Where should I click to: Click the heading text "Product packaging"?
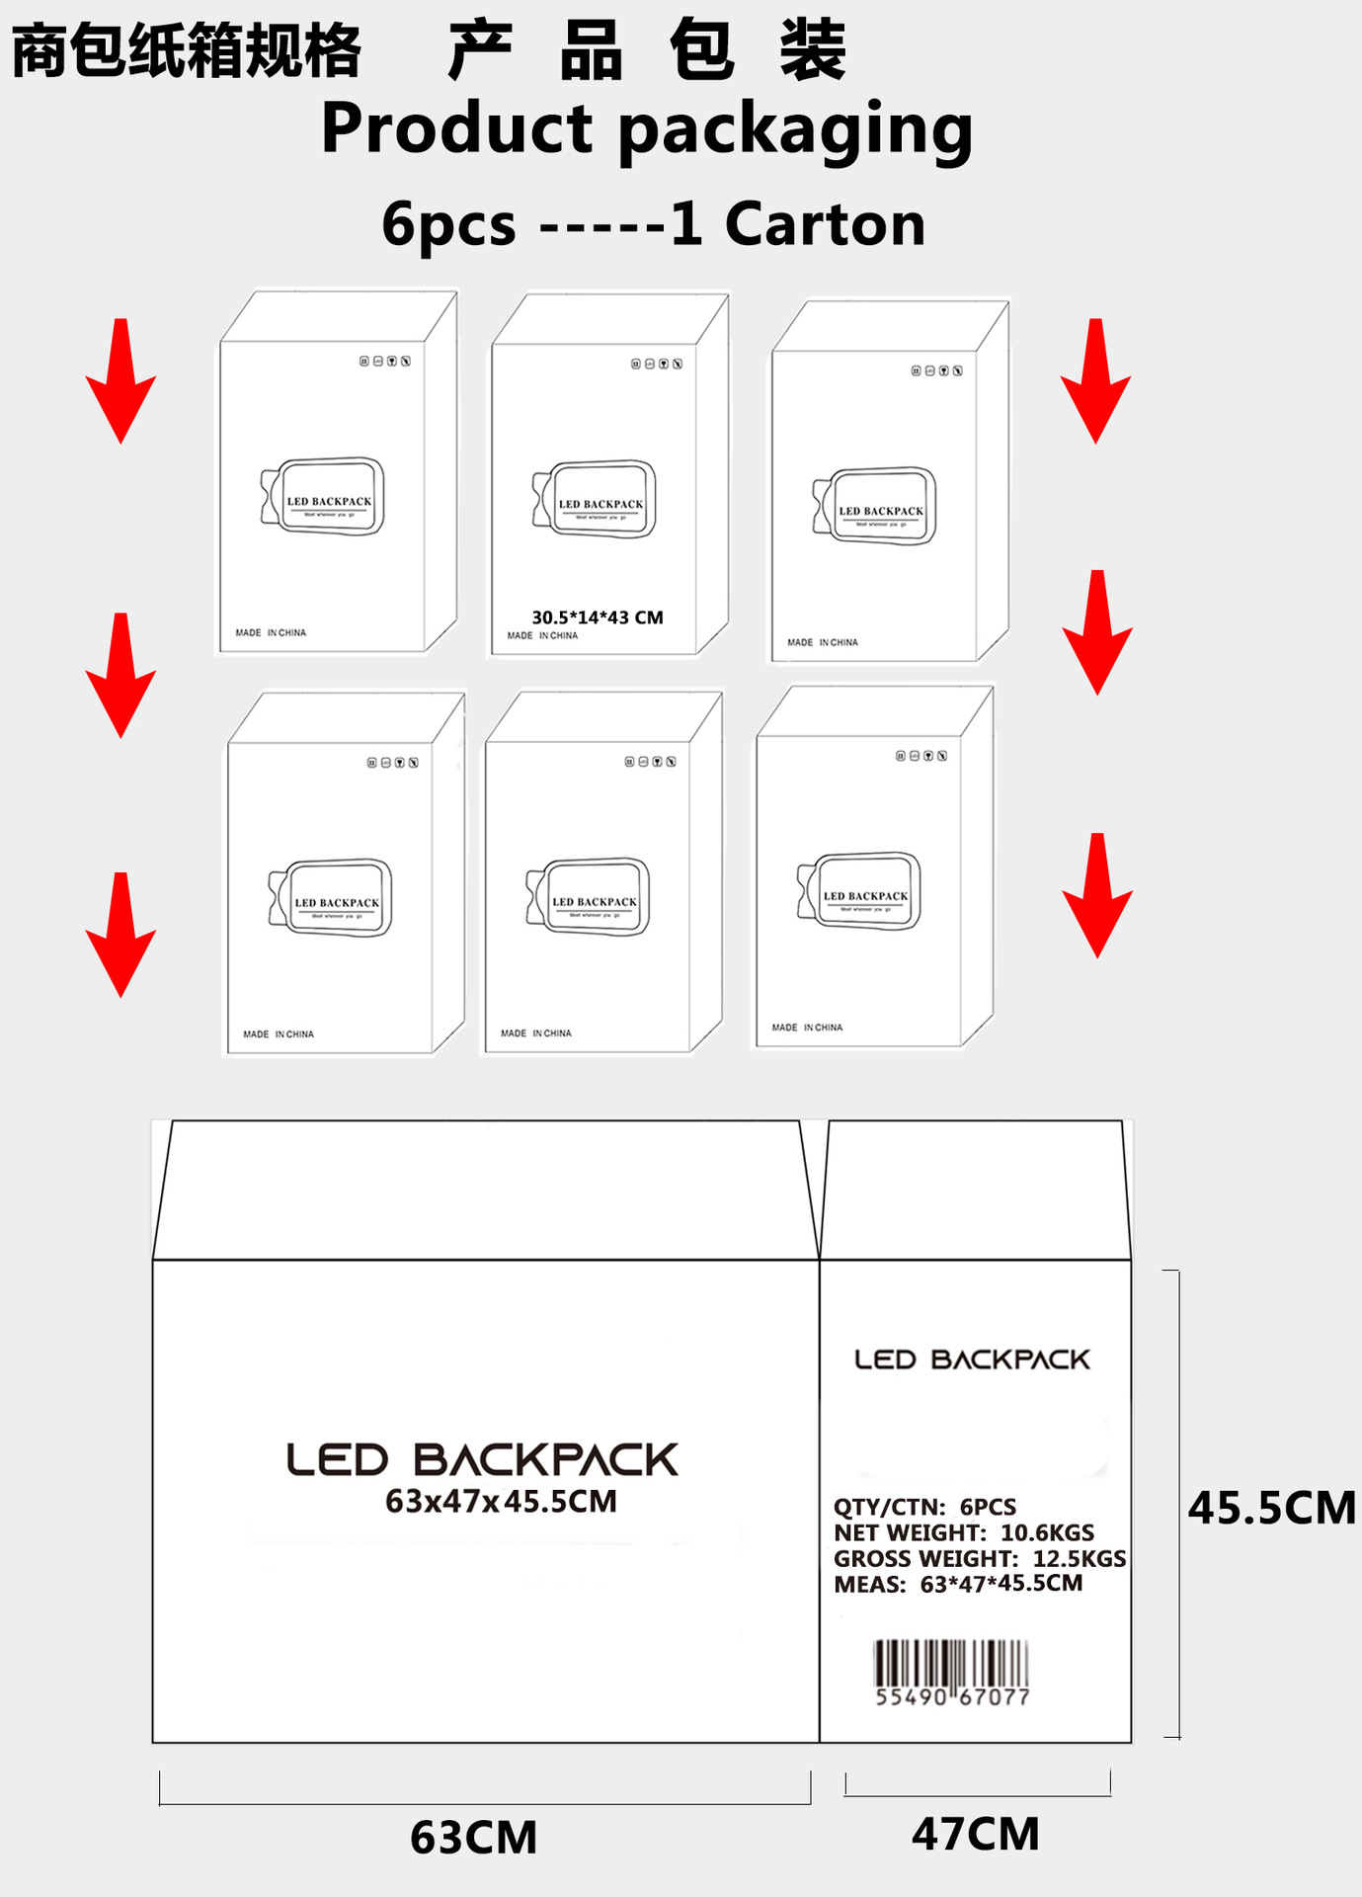647,129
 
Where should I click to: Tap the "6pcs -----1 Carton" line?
653,224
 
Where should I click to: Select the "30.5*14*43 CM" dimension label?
598,618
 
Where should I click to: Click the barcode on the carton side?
951,1672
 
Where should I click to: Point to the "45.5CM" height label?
1271,1508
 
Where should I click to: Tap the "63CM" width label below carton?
473,1838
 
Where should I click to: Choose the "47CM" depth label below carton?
975,1834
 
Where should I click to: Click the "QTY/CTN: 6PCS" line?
924,1507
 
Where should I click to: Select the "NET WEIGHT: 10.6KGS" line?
963,1532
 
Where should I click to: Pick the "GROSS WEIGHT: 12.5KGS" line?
979,1558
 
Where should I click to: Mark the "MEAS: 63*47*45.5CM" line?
957,1584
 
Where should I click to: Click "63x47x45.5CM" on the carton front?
501,1502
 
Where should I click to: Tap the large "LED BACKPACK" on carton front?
482,1459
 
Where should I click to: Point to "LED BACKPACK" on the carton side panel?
972,1360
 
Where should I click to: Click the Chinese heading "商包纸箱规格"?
186,50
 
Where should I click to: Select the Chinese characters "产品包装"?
647,50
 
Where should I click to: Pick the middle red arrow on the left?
120,676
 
